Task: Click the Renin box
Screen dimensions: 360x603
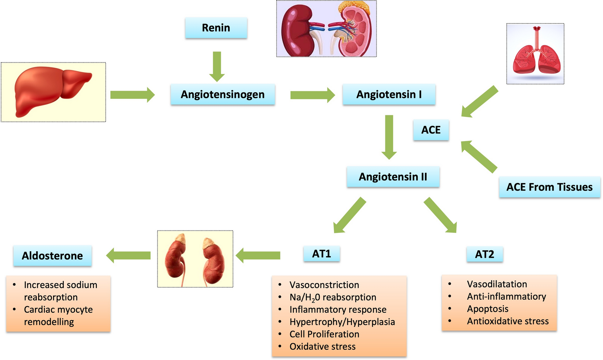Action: click(216, 28)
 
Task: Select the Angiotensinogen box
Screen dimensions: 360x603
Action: click(222, 94)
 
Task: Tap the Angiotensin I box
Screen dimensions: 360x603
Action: click(389, 94)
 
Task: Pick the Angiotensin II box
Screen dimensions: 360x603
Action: click(393, 177)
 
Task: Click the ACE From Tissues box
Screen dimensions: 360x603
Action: click(549, 187)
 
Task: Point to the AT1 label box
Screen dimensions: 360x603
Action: click(322, 254)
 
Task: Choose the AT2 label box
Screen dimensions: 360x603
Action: click(484, 254)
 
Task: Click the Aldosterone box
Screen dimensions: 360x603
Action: click(52, 256)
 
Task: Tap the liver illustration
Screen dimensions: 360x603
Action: click(53, 92)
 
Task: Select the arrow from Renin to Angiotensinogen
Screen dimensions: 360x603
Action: click(217, 66)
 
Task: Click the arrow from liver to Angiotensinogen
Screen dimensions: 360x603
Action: click(132, 94)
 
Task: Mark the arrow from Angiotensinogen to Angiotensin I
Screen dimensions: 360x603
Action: click(312, 95)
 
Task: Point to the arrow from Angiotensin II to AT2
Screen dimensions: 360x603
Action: click(440, 215)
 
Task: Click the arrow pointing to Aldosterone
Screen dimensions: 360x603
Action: click(128, 255)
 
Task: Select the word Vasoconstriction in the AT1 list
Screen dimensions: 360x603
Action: click(324, 285)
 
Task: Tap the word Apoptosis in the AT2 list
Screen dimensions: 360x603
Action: click(488, 309)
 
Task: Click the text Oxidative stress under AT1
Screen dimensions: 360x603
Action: click(322, 346)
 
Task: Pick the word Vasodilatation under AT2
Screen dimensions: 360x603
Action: click(497, 284)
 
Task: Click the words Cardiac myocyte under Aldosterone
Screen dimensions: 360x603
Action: click(58, 310)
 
